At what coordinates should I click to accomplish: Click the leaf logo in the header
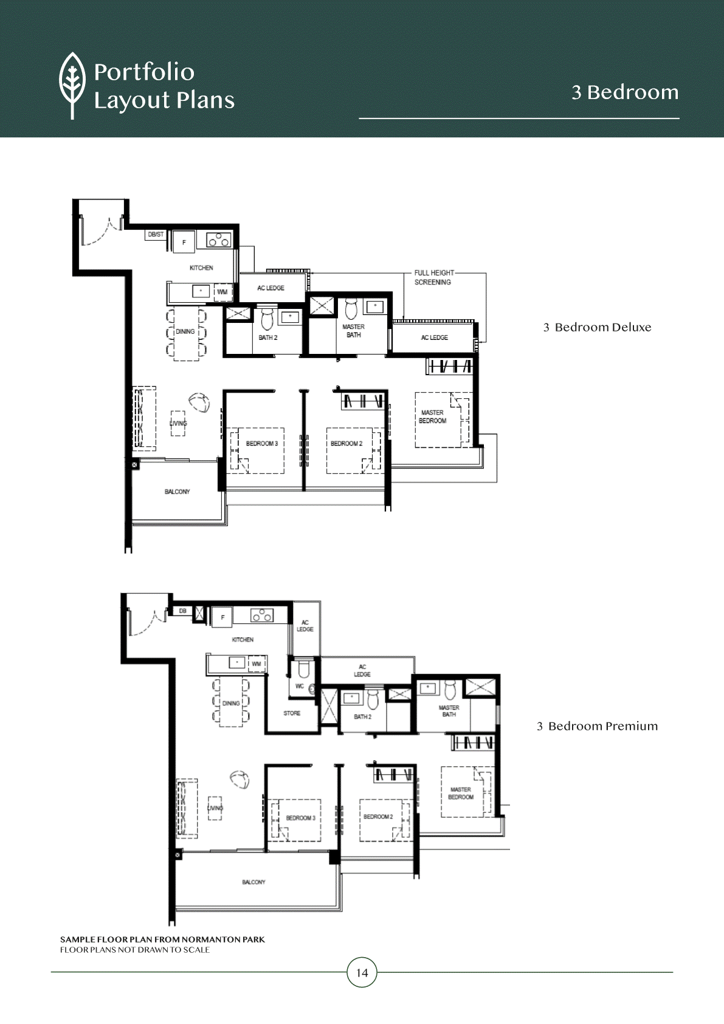[72, 85]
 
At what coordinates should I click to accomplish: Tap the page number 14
[362, 973]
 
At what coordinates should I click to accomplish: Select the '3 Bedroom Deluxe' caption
[597, 327]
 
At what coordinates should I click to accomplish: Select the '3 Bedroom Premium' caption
[597, 726]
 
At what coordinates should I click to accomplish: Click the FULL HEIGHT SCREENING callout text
[434, 277]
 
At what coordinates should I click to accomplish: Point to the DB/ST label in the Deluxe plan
[156, 235]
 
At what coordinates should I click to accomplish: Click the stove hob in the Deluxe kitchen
[218, 240]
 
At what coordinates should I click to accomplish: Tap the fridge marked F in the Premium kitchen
[222, 617]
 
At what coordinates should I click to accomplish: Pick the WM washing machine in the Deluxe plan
[222, 292]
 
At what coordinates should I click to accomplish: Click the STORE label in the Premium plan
[292, 713]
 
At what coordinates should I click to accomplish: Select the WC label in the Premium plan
[299, 686]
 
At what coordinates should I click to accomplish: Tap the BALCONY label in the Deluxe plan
[177, 491]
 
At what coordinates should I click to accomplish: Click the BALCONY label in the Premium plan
[253, 882]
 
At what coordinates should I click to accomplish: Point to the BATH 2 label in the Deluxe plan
[268, 337]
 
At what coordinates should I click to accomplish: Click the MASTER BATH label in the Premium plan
[449, 711]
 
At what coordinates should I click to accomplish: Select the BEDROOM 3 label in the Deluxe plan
[262, 443]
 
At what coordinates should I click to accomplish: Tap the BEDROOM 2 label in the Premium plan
[378, 817]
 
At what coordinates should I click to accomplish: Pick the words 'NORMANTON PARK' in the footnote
[223, 939]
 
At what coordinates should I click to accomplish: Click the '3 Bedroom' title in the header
[625, 92]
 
